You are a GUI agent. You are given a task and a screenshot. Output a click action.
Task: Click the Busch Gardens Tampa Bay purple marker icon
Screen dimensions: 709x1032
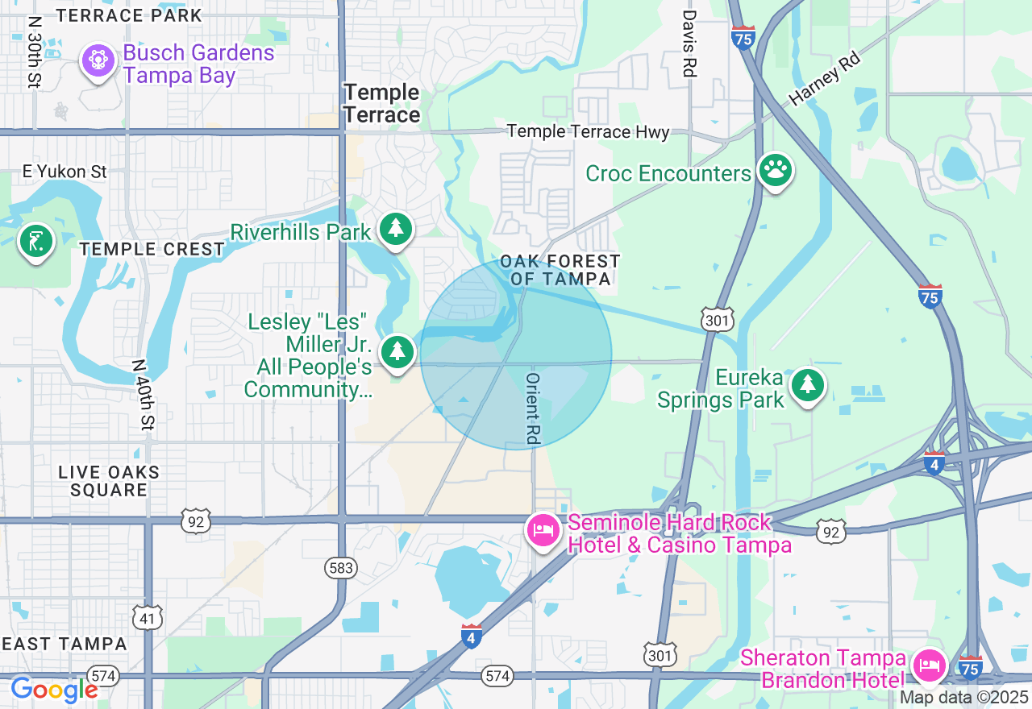point(98,61)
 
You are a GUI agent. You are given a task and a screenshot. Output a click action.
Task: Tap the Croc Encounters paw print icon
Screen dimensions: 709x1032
point(775,170)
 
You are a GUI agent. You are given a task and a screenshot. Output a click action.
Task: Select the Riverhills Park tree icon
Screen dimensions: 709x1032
point(395,230)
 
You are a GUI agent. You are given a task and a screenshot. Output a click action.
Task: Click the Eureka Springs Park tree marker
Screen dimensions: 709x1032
point(807,386)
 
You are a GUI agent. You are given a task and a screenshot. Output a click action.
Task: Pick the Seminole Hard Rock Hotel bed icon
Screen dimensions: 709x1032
point(544,531)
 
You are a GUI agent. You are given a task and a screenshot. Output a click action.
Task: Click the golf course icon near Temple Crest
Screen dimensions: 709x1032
point(35,241)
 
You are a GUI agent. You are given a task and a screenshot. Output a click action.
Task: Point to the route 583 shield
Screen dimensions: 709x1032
point(341,568)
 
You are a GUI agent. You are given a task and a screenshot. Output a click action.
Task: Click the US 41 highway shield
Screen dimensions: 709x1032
point(148,618)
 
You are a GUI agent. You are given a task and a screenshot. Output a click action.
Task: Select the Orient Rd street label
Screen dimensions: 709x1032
point(533,408)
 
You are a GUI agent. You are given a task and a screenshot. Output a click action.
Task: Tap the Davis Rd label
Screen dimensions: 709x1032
point(689,44)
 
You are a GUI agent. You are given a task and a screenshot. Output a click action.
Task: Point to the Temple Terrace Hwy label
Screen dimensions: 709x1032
point(588,131)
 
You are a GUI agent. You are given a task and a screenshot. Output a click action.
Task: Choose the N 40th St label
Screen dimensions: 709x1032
point(142,394)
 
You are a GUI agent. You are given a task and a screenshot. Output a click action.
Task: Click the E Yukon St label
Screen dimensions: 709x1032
point(64,172)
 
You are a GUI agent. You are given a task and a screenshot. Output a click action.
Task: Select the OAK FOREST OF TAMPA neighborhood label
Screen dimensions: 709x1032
point(560,270)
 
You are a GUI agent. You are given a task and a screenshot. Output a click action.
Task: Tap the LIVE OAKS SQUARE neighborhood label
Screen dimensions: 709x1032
point(109,481)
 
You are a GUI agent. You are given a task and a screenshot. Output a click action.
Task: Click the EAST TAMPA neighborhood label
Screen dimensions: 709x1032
point(64,644)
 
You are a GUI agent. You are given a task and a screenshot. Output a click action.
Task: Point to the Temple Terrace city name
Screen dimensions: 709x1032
point(381,104)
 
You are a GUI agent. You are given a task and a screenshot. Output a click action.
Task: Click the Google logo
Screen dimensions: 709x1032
point(54,690)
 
